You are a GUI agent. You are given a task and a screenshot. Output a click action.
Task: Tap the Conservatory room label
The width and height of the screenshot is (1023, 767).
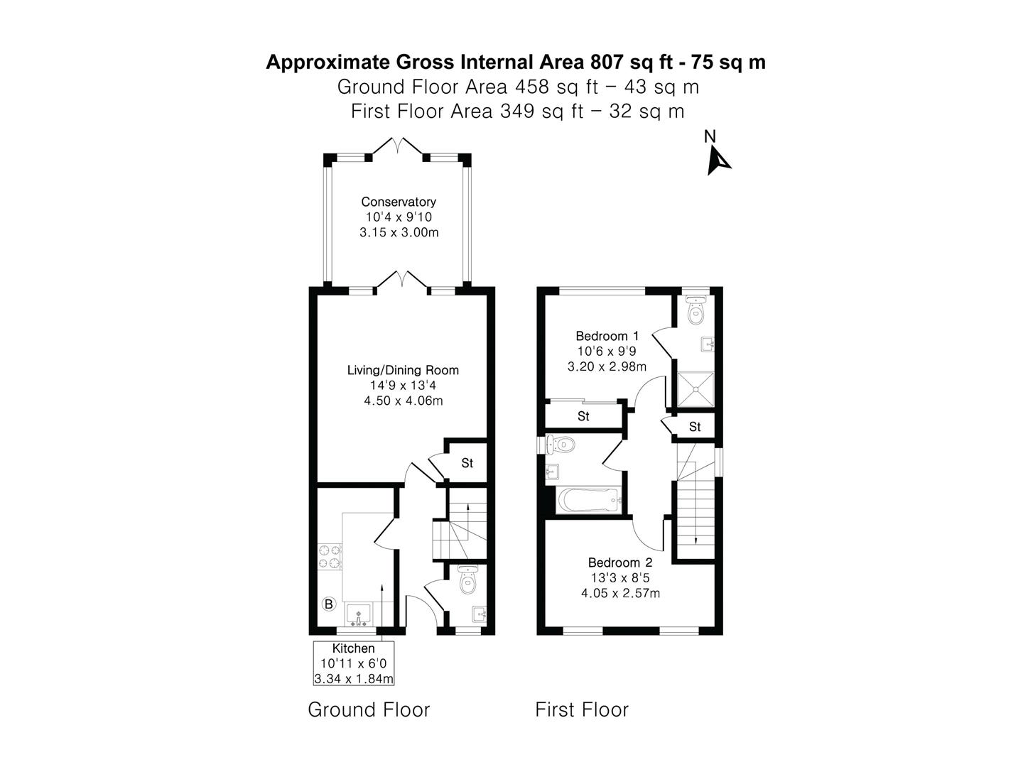399,202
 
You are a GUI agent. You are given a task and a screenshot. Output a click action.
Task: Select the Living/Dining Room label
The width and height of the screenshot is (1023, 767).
403,370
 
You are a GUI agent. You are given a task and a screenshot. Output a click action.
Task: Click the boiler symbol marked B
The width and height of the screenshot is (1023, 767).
329,604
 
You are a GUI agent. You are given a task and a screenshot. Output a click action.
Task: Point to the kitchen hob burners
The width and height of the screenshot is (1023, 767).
330,557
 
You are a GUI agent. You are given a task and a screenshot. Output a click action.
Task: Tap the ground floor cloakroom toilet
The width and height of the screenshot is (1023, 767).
467,579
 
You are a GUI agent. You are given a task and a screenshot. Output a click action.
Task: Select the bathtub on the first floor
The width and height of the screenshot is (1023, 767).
589,500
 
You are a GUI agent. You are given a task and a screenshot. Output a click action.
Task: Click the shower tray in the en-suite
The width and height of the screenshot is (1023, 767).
695,389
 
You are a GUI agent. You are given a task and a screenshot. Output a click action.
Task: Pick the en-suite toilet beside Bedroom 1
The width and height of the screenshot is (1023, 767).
695,310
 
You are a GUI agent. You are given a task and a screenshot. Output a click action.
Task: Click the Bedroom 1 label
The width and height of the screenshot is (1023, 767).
607,336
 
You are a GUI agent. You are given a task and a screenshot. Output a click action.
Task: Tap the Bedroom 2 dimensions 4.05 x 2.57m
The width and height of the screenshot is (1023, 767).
620,593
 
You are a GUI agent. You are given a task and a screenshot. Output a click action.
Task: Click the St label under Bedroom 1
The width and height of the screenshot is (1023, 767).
583,416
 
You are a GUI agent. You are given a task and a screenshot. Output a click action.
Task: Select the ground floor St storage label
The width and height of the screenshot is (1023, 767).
467,463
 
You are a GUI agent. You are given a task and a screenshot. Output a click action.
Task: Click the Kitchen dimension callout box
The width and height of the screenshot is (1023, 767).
354,663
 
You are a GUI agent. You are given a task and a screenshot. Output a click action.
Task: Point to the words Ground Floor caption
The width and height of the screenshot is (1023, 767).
369,709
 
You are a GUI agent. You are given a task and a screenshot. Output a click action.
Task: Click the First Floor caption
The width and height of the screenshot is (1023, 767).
582,709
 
